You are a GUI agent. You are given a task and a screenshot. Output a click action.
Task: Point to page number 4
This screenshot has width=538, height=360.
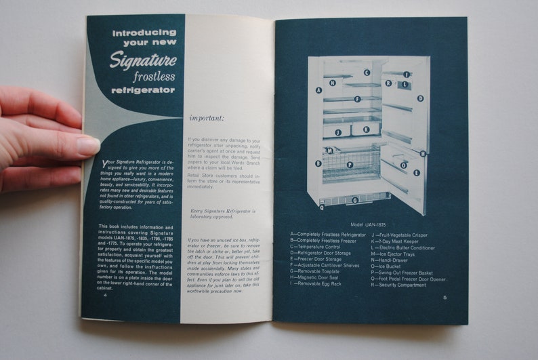coord(104,296)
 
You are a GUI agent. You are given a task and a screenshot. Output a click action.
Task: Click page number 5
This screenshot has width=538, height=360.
coord(445,297)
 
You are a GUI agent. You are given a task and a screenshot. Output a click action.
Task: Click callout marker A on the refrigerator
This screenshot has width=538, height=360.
coord(318,89)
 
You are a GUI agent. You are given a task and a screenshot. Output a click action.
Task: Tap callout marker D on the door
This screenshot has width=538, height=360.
coord(420,98)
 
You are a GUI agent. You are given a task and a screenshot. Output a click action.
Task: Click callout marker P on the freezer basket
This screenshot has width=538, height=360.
coord(350,164)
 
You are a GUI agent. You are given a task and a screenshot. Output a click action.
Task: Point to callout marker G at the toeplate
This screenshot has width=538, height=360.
coord(355,201)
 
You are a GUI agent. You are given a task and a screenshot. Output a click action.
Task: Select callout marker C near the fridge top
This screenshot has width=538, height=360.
coord(366,73)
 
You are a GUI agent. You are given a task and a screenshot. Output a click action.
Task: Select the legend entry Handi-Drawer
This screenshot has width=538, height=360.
coord(395,260)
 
